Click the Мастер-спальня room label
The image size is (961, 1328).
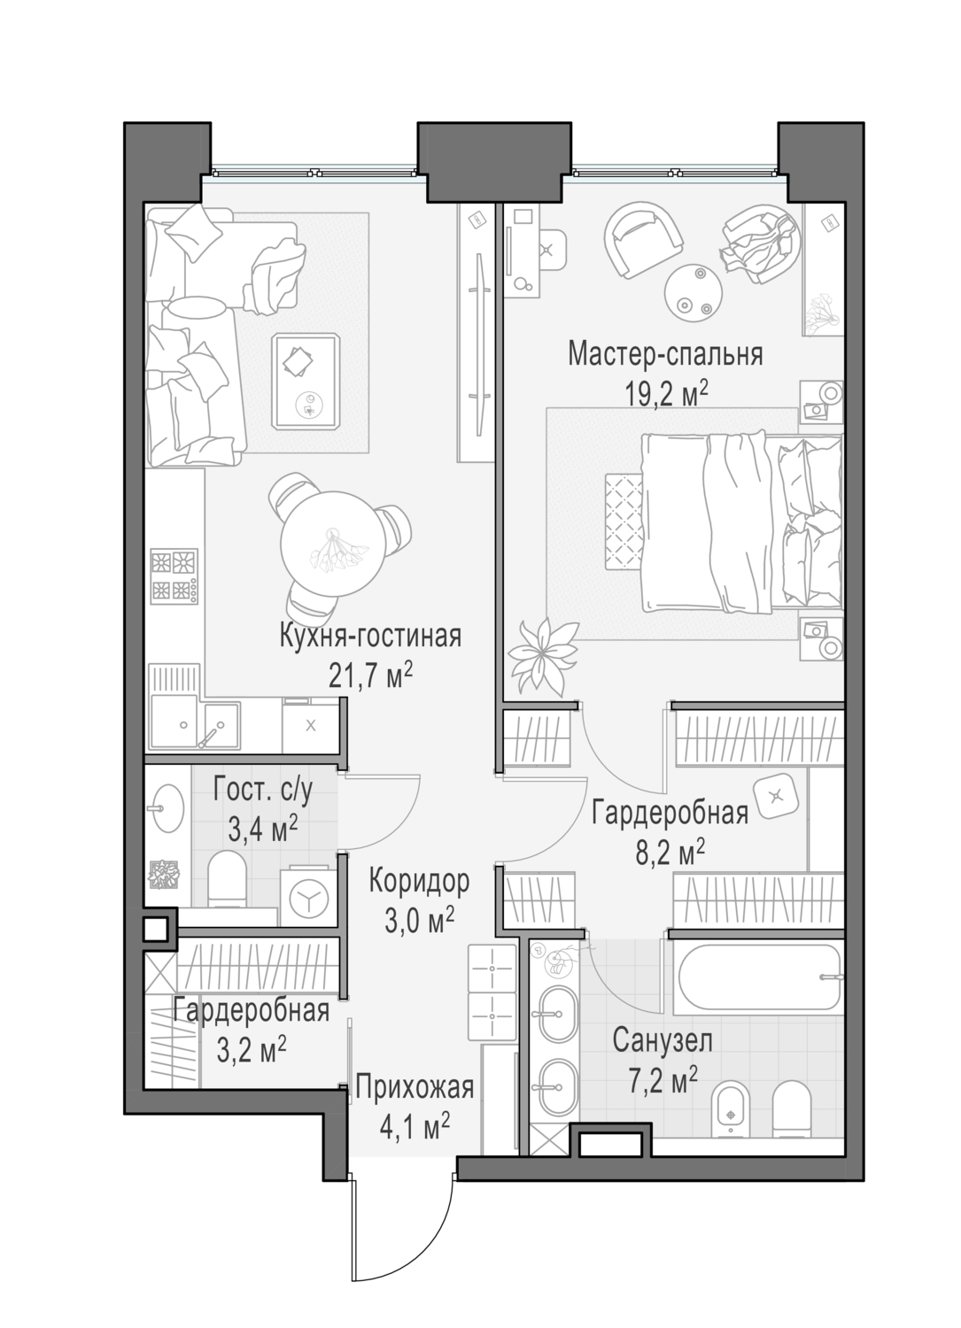coord(665,354)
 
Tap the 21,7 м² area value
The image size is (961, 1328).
coord(370,676)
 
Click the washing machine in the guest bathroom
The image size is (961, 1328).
coord(308,899)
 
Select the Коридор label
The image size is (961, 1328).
coord(420,882)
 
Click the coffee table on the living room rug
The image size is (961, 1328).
coord(306,381)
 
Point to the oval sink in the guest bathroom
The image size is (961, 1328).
coord(167,811)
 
